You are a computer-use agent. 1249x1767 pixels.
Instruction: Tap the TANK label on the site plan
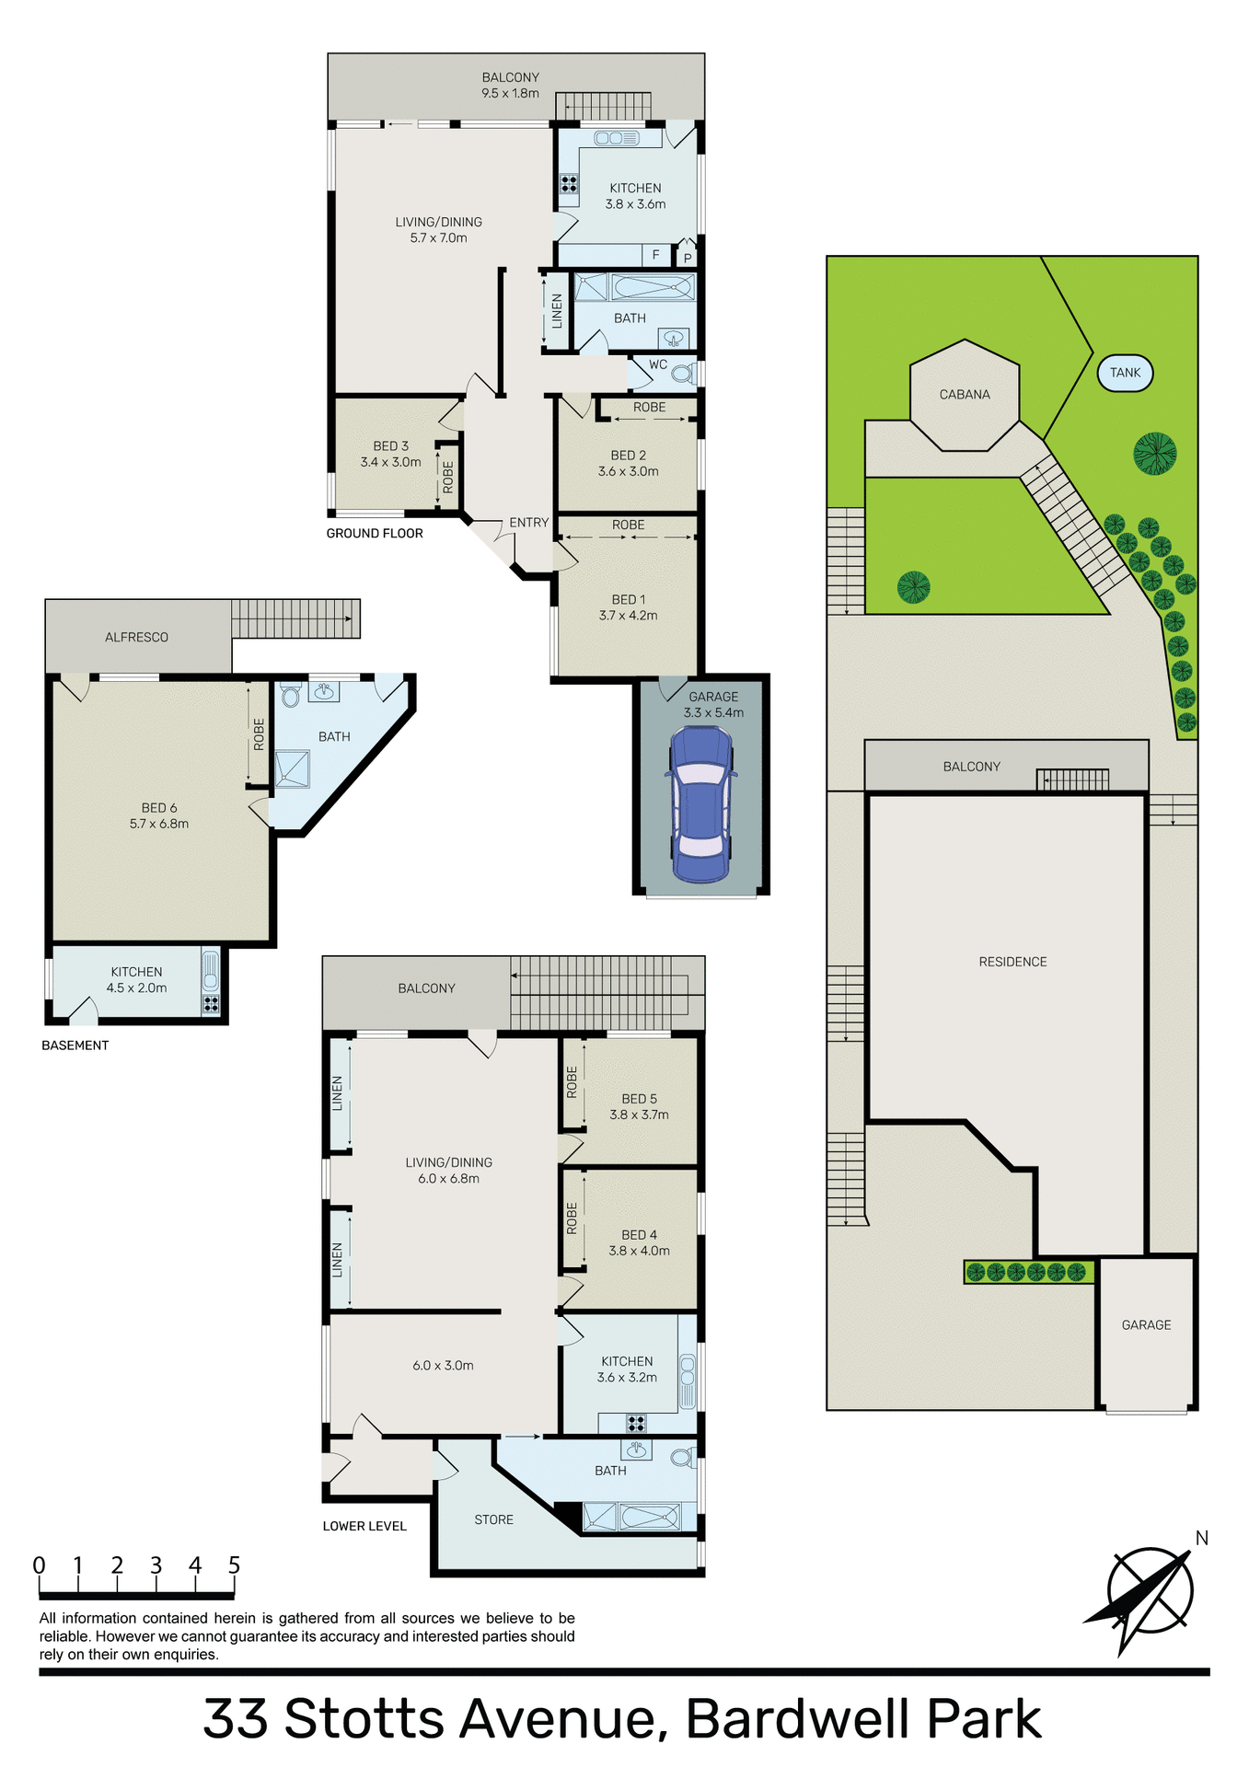1125,373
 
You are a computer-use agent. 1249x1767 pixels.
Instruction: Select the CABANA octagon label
965,395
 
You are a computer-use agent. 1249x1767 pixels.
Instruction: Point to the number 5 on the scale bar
234,1565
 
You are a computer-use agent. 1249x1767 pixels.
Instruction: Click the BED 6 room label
159,808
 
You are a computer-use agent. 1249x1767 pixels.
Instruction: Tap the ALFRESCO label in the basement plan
136,637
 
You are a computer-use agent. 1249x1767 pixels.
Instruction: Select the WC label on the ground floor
658,364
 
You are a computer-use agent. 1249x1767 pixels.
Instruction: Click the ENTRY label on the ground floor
529,523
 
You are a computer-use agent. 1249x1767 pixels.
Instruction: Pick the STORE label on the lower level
493,1519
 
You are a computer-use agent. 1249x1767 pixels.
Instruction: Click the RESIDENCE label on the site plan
1012,962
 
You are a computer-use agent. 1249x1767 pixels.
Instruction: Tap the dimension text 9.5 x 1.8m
510,93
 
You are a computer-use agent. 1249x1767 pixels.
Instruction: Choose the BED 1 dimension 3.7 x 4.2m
628,616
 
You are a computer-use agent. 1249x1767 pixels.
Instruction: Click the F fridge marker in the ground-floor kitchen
655,255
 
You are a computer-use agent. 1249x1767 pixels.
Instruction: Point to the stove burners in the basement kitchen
211,1004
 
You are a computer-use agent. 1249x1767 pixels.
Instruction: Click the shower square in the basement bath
292,769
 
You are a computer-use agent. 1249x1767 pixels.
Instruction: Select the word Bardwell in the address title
798,1719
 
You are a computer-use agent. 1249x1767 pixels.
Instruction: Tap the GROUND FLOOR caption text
375,534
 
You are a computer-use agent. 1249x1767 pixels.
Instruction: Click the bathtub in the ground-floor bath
653,288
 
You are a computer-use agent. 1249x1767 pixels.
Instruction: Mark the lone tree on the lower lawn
913,587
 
